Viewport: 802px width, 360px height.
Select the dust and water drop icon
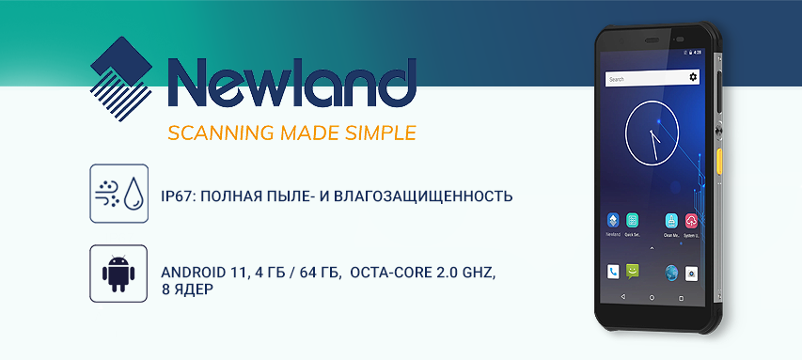coord(119,194)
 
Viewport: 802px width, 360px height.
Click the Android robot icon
coord(119,274)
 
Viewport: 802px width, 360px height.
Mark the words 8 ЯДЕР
coord(188,290)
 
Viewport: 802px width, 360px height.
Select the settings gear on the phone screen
coord(693,77)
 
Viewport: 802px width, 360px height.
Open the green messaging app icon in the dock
coord(633,272)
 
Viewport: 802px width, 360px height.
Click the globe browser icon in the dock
coord(671,273)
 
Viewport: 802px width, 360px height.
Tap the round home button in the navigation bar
coord(652,297)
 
